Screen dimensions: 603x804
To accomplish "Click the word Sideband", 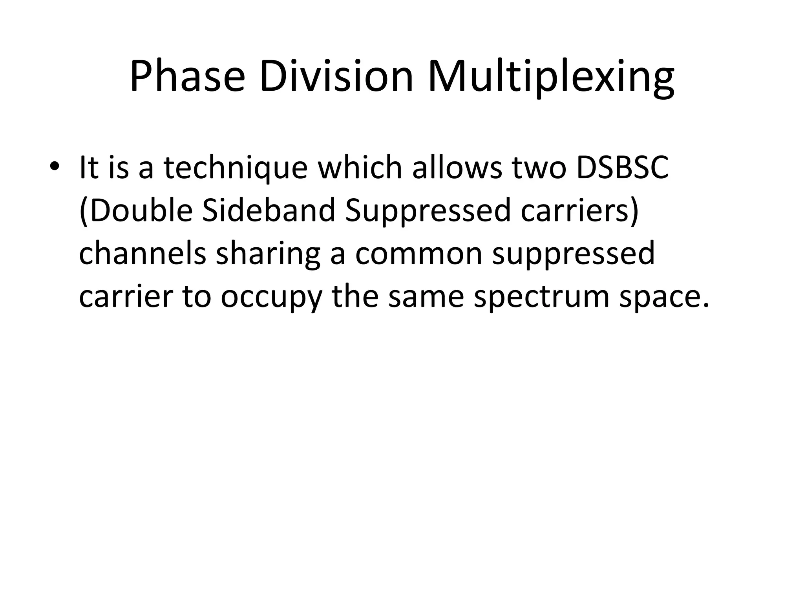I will point(269,211).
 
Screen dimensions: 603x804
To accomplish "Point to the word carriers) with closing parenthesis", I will point(579,211).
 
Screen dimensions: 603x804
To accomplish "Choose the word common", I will point(418,254).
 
